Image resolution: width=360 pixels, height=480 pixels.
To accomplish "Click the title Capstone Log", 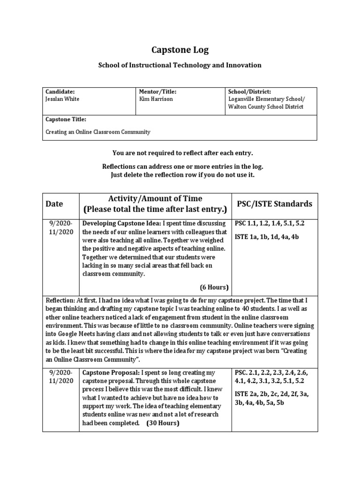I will click(180, 50).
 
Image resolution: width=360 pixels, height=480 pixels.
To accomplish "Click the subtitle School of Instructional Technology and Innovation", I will click(180, 65).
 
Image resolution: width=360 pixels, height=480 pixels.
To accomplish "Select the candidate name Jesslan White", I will click(63, 99).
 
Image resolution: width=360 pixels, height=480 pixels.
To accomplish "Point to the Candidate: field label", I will click(60, 92).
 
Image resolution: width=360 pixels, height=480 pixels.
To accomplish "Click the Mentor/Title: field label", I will click(158, 92).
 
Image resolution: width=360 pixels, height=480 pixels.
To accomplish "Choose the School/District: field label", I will click(249, 92).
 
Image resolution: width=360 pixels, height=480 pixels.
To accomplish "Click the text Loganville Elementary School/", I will click(266, 99).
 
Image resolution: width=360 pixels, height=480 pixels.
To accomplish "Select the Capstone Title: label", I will click(66, 120).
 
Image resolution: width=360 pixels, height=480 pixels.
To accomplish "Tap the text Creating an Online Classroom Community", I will click(97, 132).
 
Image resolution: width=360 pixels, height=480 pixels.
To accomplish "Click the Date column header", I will click(54, 204).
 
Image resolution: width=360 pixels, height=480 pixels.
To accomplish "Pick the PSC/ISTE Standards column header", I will click(274, 204).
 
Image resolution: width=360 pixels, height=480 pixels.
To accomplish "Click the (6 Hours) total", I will click(214, 287).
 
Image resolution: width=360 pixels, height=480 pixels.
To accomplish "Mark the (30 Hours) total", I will click(163, 423).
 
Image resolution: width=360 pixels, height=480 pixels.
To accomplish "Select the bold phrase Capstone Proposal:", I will click(111, 373).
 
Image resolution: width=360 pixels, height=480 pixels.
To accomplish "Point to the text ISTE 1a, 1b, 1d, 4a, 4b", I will click(266, 237).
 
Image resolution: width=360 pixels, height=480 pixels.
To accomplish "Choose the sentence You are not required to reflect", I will click(180, 153).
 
